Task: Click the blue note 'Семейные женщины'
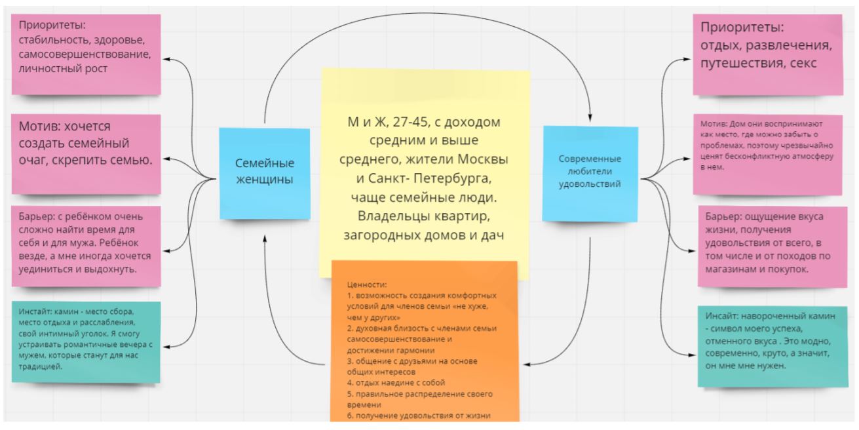[264, 171]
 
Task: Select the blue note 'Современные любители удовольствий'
[590, 171]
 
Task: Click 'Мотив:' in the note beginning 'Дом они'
[711, 123]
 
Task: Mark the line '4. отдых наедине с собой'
[396, 382]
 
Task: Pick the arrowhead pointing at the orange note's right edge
[525, 363]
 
